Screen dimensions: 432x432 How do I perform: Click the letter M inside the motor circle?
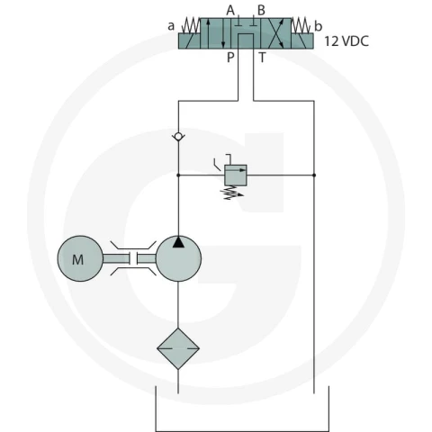coord(77,259)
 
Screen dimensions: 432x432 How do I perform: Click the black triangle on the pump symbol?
coord(178,242)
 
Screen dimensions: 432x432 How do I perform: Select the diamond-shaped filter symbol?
coord(178,348)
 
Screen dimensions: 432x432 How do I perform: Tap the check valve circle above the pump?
coord(178,137)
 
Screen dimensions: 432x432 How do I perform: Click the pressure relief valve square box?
coord(236,175)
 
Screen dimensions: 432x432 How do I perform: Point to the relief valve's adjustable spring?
coord(232,193)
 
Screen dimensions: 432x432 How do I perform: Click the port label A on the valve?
coord(230,11)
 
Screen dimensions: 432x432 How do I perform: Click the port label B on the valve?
coord(261,11)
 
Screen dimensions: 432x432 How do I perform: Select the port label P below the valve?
coord(230,57)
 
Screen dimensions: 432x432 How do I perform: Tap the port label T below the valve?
coord(262,57)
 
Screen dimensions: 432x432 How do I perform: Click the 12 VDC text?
coord(346,41)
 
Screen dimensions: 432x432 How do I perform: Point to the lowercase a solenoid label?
coord(171,26)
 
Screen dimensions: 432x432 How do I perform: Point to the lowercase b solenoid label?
coord(319,26)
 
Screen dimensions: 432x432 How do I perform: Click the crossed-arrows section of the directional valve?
coord(275,33)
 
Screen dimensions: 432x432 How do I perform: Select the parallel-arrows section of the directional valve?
coord(215,33)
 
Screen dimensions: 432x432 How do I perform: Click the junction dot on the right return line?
coord(314,175)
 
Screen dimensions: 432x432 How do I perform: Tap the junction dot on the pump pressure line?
coord(178,175)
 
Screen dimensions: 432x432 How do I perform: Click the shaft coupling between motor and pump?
coord(133,258)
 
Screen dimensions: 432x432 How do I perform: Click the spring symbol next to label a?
coord(191,26)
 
